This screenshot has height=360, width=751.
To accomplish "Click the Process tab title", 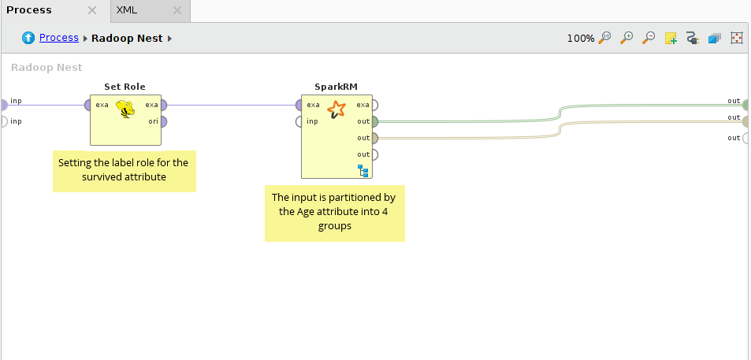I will point(29,10).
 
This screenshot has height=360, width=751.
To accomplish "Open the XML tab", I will point(126,10).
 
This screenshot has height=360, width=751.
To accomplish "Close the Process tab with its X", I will point(92,11).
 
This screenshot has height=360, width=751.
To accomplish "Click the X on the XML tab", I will point(177,11).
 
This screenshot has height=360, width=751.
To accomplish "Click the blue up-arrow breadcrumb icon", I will point(28,38).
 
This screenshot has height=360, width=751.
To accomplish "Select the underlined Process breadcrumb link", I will point(59,38).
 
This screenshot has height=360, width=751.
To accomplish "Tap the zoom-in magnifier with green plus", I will point(627,38).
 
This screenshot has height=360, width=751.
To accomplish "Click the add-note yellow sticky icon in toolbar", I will point(671,38).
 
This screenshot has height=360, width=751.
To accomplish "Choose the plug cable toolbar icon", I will point(693,38).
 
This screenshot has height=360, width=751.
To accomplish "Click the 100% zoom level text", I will point(581,38).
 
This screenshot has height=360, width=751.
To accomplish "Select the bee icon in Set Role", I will point(125,109).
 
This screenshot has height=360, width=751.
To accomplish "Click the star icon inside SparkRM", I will point(336,109).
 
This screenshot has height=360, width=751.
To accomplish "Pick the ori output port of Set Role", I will point(163,121).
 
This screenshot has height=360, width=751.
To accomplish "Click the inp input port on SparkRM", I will point(299,121).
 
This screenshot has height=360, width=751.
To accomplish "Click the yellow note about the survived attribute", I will point(124,170).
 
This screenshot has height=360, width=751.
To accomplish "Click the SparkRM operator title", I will point(336,87).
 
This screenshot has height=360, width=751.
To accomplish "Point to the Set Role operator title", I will point(125,87).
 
